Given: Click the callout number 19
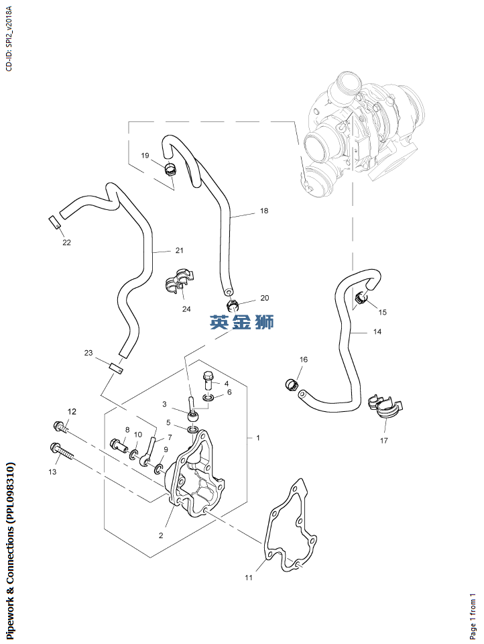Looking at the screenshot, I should (x=145, y=156).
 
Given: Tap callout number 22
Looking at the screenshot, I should (x=66, y=242).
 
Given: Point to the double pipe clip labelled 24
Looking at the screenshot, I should (x=178, y=282).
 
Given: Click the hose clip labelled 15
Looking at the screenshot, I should (x=361, y=298).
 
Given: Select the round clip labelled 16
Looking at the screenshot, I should (x=290, y=384).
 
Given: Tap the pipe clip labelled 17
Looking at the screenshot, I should (x=386, y=407).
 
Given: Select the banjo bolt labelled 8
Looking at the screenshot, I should (x=120, y=444).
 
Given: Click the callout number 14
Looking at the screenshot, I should (x=377, y=332).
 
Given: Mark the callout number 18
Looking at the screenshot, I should (x=263, y=211).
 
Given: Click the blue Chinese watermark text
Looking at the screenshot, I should (x=242, y=323).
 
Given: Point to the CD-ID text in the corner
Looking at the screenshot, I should (x=8, y=36).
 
